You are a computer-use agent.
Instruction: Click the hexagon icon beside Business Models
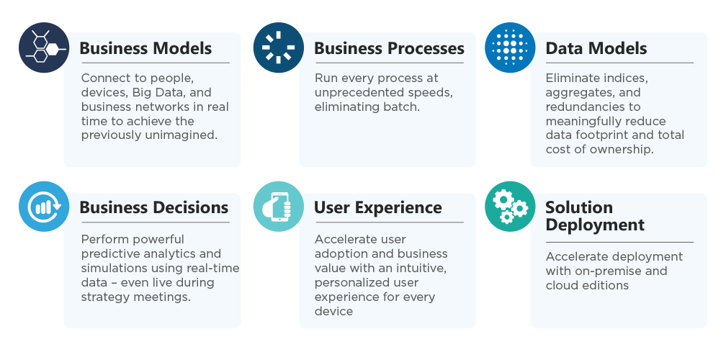tap(44, 48)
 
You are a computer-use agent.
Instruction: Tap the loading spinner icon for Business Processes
tap(279, 48)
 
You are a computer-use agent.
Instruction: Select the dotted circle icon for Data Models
tap(510, 48)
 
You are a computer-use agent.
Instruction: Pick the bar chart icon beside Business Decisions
tap(44, 207)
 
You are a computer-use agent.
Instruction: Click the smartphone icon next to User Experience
tap(279, 207)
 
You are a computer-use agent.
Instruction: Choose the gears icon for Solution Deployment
tap(510, 207)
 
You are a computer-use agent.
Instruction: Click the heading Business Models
tap(145, 48)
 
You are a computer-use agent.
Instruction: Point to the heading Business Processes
tap(389, 48)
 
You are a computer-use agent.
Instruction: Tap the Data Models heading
tap(596, 48)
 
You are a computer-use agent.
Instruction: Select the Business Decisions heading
tap(154, 207)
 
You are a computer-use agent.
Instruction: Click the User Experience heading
tap(378, 208)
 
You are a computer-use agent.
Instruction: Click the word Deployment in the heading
tap(595, 225)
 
